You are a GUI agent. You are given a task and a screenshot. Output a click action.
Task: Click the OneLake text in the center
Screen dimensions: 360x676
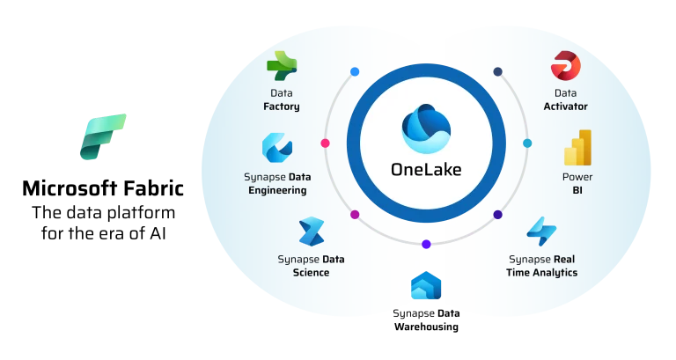click(x=426, y=169)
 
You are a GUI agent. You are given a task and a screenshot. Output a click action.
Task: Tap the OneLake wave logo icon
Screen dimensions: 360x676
click(x=426, y=129)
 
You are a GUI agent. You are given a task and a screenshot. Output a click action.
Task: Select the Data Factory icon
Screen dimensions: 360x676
click(x=282, y=65)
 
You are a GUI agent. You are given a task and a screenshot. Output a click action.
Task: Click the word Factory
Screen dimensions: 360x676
click(x=282, y=107)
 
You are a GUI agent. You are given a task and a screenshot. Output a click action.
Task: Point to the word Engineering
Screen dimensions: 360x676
click(x=277, y=190)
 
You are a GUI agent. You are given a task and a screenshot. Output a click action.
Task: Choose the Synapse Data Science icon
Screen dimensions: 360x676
click(x=311, y=231)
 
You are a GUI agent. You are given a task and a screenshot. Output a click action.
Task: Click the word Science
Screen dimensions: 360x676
click(x=311, y=273)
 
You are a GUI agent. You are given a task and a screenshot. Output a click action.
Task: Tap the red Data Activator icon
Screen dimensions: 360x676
click(x=565, y=65)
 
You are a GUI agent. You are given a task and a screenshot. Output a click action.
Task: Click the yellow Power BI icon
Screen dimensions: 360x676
click(x=577, y=148)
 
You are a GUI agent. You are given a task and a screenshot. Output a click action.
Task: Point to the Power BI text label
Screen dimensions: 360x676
click(x=577, y=183)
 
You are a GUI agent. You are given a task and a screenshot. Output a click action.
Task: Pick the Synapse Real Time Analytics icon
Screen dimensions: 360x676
click(x=541, y=231)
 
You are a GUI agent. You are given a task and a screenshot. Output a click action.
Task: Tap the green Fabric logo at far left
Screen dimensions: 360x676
click(x=102, y=136)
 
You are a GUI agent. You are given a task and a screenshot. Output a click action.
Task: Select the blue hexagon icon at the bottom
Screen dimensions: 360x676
click(x=426, y=287)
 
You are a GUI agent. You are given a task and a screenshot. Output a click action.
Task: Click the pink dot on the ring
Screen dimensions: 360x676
click(x=325, y=143)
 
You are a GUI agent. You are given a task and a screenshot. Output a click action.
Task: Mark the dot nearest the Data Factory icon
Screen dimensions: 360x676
click(x=355, y=71)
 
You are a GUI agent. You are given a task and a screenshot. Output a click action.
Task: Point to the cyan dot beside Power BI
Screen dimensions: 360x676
click(x=527, y=143)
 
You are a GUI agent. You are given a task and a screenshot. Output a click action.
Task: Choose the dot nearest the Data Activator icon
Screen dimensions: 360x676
click(x=497, y=71)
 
